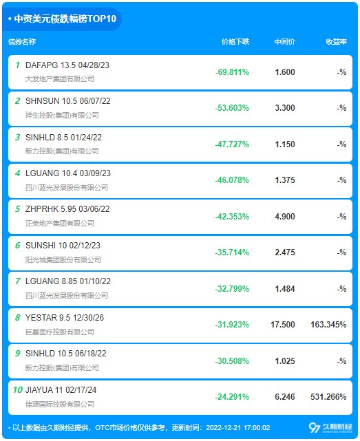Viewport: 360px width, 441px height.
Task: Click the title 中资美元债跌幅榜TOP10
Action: coord(65,19)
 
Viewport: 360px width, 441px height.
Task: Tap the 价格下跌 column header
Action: coord(235,42)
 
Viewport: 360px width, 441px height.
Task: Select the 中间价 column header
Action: coord(284,42)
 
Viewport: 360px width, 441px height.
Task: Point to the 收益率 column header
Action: coord(337,42)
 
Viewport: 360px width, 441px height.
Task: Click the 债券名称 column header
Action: coord(22,42)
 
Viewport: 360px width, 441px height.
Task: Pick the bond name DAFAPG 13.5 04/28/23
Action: coord(67,65)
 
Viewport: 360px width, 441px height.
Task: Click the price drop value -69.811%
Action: coord(232,72)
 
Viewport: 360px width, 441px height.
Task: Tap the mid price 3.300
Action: coord(285,108)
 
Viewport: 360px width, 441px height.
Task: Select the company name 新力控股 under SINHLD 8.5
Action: coord(62,151)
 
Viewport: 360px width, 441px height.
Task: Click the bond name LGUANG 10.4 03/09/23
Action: coord(68,173)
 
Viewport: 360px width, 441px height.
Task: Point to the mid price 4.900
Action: coord(285,217)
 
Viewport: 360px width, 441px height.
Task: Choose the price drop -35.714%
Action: coord(232,252)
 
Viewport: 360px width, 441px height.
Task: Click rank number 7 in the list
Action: coord(18,281)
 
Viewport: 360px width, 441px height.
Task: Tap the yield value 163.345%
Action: coord(328,325)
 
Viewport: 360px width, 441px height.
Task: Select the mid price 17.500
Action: coord(283,325)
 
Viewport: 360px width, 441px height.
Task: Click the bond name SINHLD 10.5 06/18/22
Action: coord(66,354)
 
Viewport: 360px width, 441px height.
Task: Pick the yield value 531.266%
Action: coord(328,397)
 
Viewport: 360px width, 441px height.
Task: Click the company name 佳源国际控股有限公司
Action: coord(60,404)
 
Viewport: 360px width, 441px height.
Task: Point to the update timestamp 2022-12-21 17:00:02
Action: coord(238,428)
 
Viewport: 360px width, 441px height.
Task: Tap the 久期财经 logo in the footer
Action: coord(330,427)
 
